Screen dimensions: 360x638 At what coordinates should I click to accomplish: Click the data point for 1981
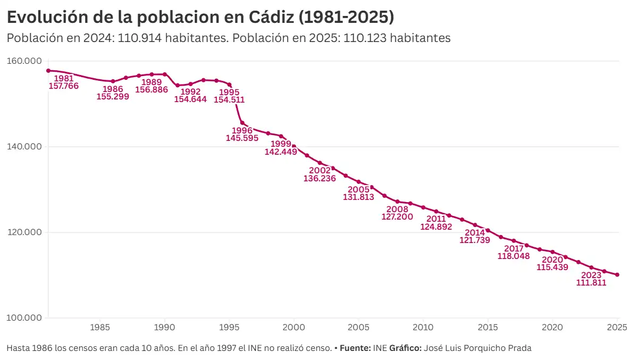coord(48,71)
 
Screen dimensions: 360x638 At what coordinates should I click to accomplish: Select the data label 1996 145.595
coord(242,134)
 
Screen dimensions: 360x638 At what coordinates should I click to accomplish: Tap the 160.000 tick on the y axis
coord(24,61)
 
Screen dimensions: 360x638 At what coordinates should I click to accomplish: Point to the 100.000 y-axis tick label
coord(24,318)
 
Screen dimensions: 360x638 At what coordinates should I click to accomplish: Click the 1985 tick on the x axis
coord(100,326)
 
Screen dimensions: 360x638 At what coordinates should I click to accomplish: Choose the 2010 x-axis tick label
coord(423,326)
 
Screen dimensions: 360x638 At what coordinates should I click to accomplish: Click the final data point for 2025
coord(617,274)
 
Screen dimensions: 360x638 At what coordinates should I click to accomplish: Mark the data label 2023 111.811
coord(591,279)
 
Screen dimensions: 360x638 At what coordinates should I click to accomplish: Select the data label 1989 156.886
coord(152,86)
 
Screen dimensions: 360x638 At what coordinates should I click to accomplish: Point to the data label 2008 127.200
coord(397,213)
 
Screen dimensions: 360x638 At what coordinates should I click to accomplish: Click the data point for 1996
coord(242,123)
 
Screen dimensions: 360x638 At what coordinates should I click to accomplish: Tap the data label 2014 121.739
coord(475,237)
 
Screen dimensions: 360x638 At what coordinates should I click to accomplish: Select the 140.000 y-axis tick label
coord(24,147)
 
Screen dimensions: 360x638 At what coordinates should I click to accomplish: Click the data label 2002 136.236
coord(320,174)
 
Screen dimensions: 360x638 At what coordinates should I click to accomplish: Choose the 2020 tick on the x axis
coord(552,326)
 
